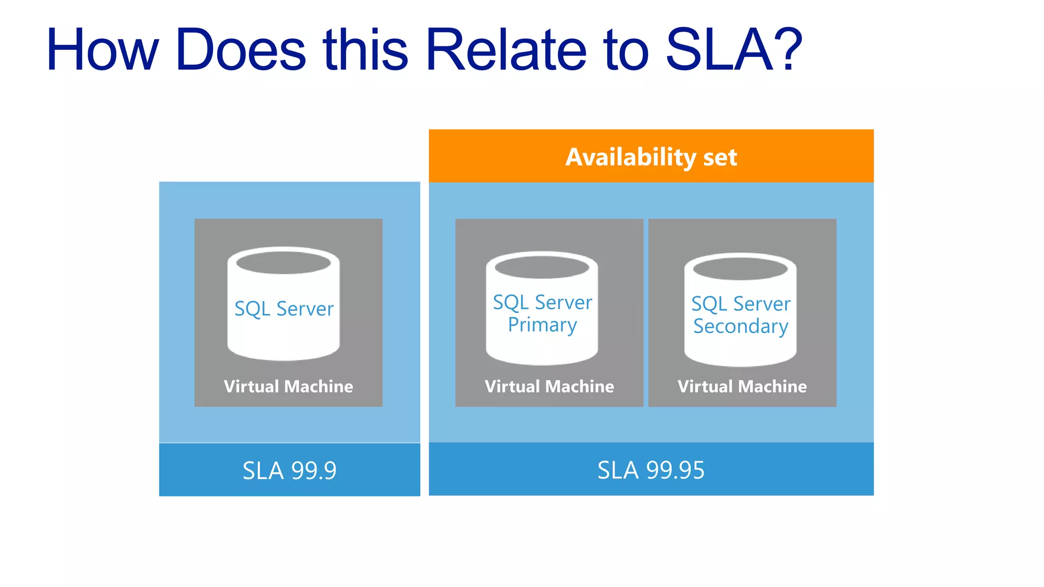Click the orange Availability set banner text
(651, 157)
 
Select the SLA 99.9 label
(290, 470)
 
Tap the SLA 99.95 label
(651, 470)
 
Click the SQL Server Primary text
(542, 313)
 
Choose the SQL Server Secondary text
(741, 315)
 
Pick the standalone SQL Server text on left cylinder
(284, 309)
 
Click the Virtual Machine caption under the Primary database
(549, 386)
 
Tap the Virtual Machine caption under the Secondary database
(742, 386)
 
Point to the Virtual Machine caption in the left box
(289, 386)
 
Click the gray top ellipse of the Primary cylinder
(542, 267)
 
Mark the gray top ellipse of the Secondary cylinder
(740, 269)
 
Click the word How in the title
(102, 50)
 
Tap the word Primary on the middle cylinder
(542, 325)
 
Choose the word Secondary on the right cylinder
(741, 327)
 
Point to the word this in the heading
(366, 50)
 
